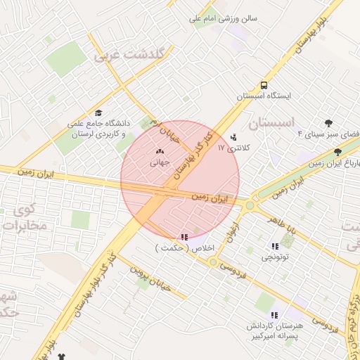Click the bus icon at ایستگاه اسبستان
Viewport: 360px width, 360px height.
coord(264,84)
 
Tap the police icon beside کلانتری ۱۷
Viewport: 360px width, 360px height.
coord(233,138)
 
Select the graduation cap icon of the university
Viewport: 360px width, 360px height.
coord(98,112)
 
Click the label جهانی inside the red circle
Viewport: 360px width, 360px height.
coord(160,162)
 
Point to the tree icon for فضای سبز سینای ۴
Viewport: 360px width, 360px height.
coord(328,123)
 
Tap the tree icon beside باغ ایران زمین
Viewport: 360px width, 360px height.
coord(337,152)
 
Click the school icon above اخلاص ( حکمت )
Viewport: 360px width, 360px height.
coord(184,237)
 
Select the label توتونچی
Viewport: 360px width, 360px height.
coord(275,257)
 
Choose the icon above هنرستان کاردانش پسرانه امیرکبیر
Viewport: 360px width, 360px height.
coord(274,315)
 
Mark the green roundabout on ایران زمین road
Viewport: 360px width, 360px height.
coord(250,205)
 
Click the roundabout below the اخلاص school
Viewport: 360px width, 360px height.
coord(212,262)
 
